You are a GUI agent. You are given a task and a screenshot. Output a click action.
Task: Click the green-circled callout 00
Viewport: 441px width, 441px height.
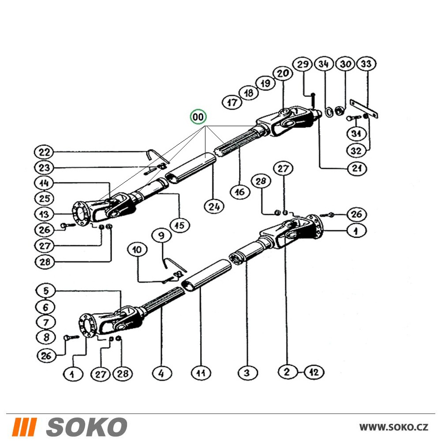198,117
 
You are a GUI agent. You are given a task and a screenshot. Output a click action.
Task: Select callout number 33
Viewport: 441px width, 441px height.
366,64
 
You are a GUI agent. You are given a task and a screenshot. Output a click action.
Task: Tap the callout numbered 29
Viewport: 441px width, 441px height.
303,64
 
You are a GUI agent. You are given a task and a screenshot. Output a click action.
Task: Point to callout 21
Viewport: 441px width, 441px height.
357,168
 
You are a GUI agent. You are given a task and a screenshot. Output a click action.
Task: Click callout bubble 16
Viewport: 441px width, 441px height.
239,192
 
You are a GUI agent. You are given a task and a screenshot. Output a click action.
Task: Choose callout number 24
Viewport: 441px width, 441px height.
214,207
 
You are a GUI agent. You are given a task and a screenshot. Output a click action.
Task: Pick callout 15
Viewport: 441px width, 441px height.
180,225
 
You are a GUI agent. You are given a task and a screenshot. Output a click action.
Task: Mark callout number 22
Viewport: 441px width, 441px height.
44,153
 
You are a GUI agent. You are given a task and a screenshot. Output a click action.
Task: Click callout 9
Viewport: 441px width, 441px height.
161,235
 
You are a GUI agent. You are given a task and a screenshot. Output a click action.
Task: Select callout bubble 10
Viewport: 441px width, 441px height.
137,250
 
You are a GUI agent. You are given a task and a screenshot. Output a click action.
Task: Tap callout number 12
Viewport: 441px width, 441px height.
314,372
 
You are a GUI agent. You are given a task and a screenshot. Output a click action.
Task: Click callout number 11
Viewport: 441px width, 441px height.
201,373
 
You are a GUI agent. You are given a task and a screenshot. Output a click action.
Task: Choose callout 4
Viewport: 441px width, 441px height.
161,373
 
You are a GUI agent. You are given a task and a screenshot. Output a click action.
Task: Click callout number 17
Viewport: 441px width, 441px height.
232,103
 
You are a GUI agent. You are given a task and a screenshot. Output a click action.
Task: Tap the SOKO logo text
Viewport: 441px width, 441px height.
86,426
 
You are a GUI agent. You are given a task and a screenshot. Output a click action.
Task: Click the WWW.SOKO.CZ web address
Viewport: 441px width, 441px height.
394,427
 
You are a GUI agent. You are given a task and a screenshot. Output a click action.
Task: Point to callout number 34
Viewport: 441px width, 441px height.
324,64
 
